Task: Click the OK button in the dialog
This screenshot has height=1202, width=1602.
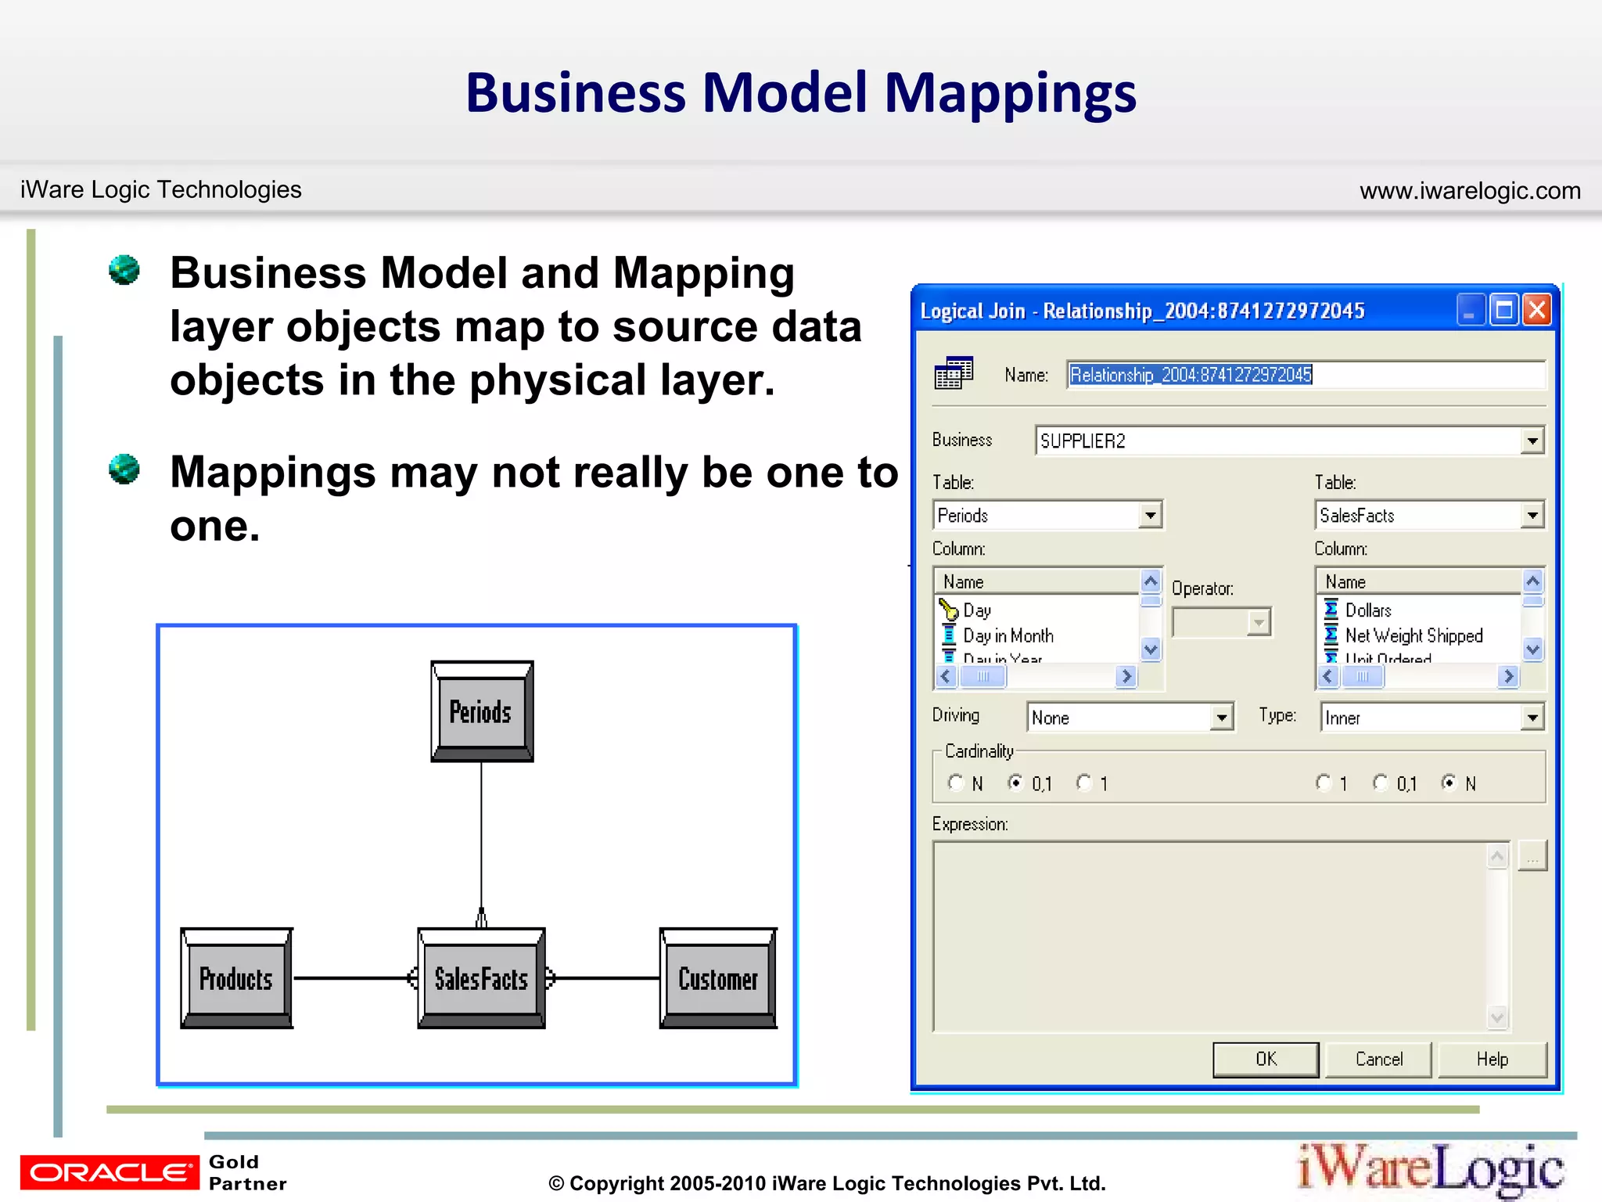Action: [x=1265, y=1059]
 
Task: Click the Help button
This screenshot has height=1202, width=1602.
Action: [x=1492, y=1059]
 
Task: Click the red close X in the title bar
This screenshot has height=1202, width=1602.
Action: [x=1537, y=310]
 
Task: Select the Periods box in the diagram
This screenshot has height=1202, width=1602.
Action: [x=481, y=711]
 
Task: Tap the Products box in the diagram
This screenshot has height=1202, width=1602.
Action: [x=236, y=978]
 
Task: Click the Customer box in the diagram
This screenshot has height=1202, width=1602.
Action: [x=717, y=978]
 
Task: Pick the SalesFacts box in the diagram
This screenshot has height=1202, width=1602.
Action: [x=481, y=978]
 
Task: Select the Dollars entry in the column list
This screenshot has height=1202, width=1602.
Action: [x=1367, y=610]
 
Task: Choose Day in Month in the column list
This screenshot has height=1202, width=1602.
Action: [x=1008, y=635]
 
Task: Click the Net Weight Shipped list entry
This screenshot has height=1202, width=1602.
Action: [x=1413, y=635]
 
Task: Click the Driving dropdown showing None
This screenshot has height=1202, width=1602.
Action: [x=1130, y=718]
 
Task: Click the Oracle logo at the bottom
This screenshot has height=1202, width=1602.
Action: [x=110, y=1171]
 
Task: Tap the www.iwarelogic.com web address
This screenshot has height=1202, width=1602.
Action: [x=1470, y=190]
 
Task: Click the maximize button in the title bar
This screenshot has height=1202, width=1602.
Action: [x=1503, y=310]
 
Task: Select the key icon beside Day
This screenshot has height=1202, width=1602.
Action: [x=949, y=610]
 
